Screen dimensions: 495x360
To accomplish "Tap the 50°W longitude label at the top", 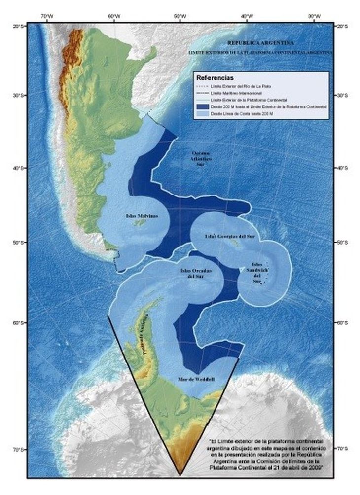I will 180,16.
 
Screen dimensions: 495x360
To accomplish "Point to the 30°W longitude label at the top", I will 314,16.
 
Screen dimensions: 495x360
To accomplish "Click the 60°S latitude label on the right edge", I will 341,323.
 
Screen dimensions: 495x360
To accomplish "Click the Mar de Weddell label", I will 197,379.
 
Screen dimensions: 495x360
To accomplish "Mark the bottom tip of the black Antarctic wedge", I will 179,475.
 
